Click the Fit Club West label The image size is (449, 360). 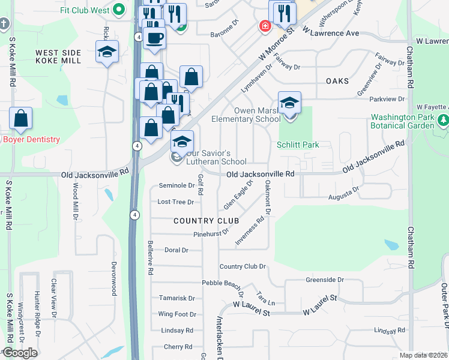85,10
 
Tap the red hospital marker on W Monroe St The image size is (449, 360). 264,26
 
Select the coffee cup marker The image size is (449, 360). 155,38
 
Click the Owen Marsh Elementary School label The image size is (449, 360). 246,115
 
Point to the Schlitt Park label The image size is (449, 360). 298,145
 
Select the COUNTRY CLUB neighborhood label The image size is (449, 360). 202,221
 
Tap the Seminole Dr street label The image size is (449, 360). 176,186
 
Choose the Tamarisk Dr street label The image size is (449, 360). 177,298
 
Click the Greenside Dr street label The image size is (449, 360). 324,280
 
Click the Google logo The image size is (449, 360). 20,353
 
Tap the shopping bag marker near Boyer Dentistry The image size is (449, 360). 20,119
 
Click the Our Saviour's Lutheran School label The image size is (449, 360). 216,157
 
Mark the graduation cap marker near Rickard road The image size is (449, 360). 107,52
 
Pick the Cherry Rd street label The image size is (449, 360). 178,347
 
